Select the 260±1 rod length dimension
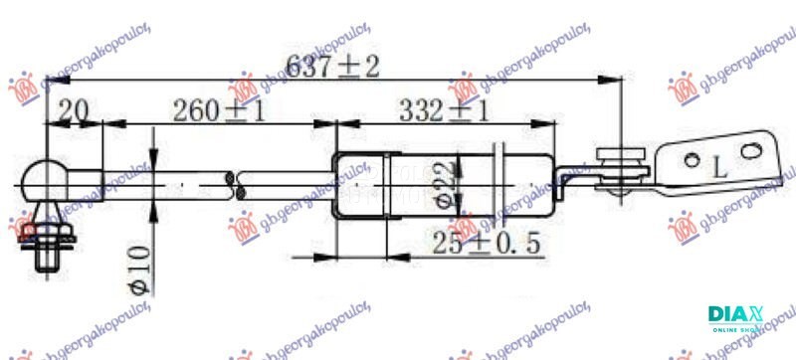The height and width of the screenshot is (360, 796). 219,110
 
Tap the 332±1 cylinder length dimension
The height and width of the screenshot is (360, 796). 443,110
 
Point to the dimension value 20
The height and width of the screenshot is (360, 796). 72,110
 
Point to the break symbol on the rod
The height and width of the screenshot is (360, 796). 237,181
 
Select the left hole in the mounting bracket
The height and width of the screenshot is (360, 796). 691,155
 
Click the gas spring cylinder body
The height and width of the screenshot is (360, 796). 448,181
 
